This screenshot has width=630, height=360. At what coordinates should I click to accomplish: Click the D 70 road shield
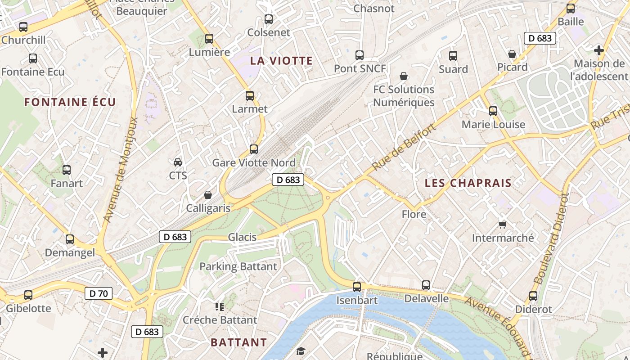pos(99,294)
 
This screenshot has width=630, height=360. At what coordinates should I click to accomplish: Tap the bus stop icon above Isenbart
pos(357,287)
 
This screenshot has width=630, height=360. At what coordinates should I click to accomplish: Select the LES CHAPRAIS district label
pos(468,183)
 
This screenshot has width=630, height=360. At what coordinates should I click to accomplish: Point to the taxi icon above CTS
pos(178,162)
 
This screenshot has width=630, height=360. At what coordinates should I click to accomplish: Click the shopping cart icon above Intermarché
pos(502,225)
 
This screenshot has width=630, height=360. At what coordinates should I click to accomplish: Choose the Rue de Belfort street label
pos(404,148)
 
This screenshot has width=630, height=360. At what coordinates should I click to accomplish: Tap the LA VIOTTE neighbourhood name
pos(281,61)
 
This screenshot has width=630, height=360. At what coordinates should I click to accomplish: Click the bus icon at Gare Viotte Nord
pos(254,149)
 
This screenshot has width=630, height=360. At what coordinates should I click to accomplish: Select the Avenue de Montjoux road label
pos(121,170)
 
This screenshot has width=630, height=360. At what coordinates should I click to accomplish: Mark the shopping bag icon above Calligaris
pos(208,195)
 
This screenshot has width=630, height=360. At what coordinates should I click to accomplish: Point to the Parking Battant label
pos(238,266)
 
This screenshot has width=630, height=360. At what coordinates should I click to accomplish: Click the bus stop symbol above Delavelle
pos(426,285)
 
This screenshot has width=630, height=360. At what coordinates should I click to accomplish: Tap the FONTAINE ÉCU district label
pos(70,102)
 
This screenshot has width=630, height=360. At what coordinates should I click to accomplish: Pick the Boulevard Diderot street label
pos(551,238)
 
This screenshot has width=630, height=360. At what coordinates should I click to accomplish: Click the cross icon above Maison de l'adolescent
pos(598,50)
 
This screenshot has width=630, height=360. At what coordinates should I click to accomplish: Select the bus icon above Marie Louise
pos(493,111)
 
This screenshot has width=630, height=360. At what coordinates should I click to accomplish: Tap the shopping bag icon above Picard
pos(512,54)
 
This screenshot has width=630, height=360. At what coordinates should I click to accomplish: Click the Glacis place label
pos(242,237)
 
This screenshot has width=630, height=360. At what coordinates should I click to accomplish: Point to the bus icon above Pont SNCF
pos(360,55)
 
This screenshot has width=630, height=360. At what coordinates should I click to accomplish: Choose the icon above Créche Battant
pos(220,307)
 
